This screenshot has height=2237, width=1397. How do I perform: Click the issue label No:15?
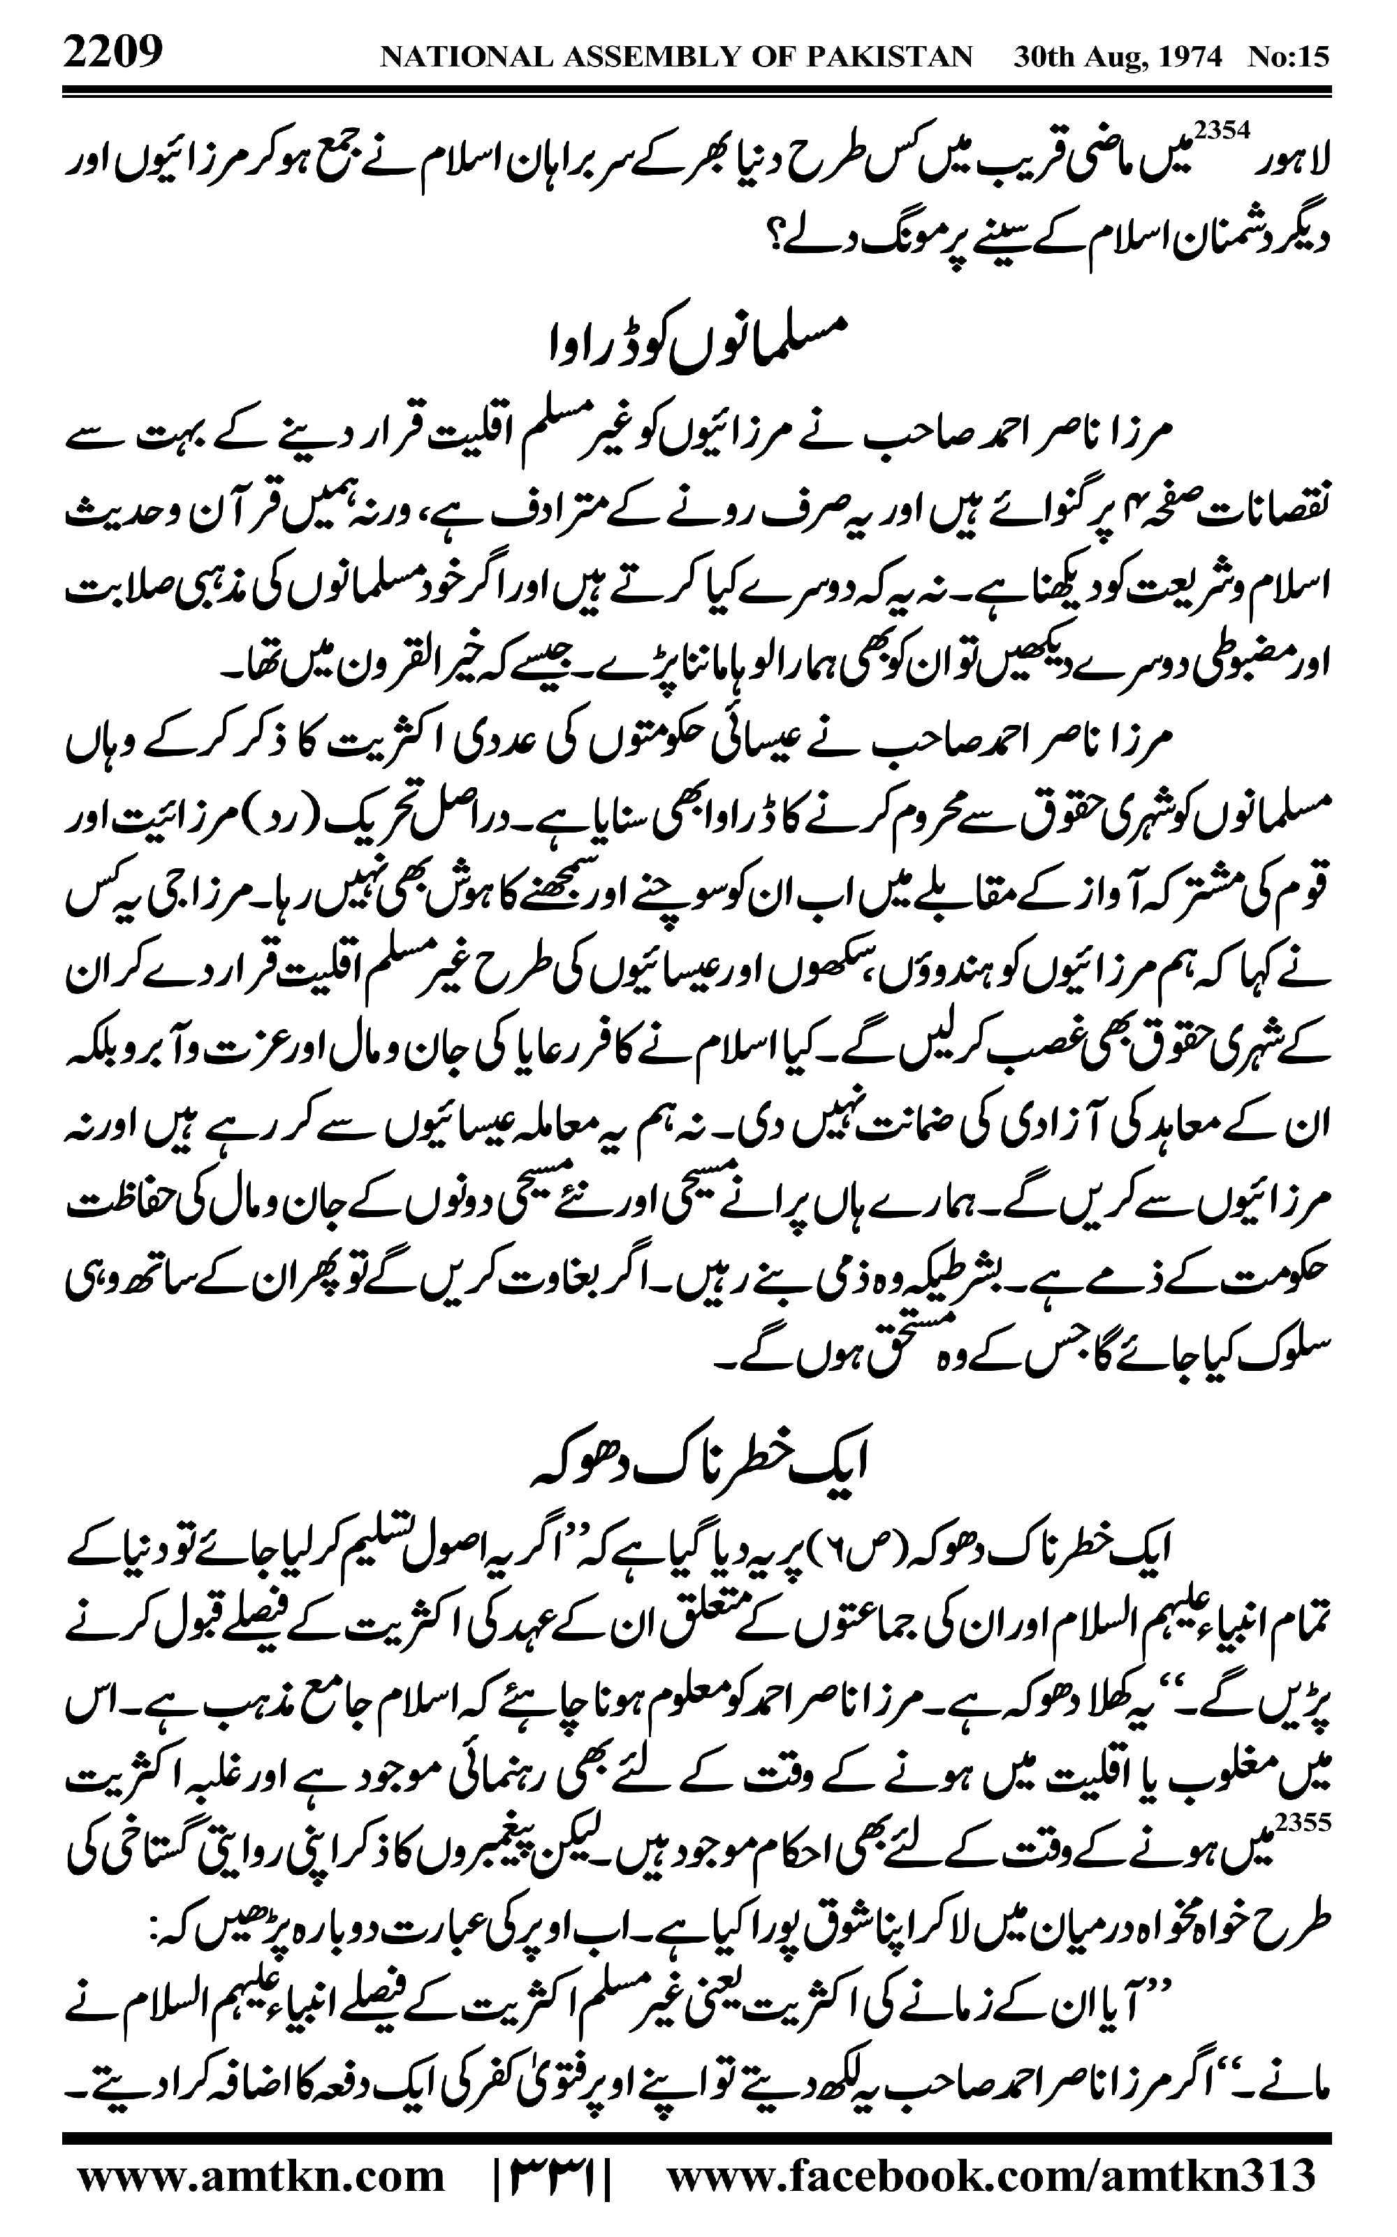[1289, 57]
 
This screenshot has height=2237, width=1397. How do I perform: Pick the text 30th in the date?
[1042, 57]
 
